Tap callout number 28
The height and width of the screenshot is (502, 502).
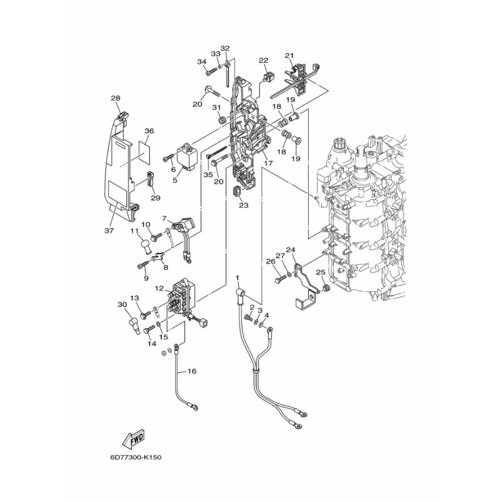(x=115, y=98)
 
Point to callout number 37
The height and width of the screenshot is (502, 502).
(x=109, y=230)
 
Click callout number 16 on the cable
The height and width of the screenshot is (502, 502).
(x=192, y=371)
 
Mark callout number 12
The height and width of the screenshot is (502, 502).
(x=159, y=288)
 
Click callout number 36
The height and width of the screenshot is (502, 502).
(x=149, y=131)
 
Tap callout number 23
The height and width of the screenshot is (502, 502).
(x=243, y=205)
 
